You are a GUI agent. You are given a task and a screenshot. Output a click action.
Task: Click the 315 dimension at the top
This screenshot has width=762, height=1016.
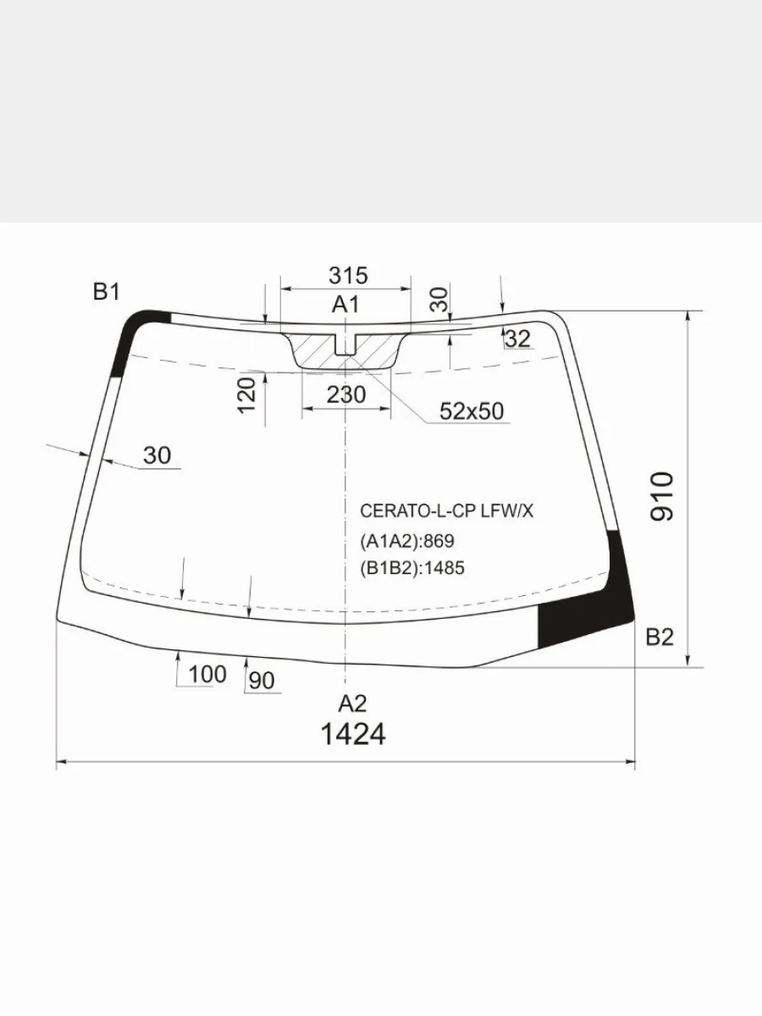(x=348, y=276)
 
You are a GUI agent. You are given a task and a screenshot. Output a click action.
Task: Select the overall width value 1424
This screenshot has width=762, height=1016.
(x=353, y=735)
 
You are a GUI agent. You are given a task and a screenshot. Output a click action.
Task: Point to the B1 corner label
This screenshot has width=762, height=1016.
(x=107, y=292)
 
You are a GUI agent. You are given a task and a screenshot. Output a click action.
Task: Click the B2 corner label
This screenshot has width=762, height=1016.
(x=660, y=638)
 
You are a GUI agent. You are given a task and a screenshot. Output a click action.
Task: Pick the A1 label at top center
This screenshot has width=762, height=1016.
(x=345, y=305)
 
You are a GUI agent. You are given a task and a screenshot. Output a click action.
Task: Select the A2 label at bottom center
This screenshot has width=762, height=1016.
(x=352, y=704)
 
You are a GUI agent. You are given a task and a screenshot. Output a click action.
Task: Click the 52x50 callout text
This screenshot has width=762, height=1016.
(x=472, y=411)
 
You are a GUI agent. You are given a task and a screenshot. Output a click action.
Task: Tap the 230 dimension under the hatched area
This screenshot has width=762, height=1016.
(x=346, y=395)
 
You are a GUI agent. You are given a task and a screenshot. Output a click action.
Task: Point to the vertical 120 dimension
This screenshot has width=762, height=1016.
(x=246, y=395)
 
